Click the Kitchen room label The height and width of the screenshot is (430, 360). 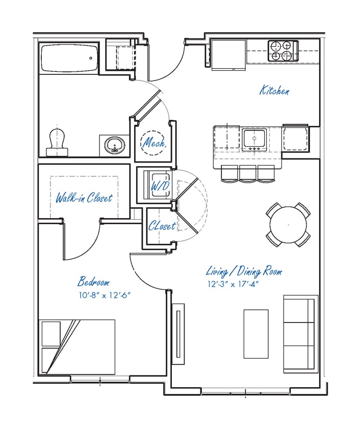(x=275, y=91)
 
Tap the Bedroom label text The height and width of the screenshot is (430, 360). (x=93, y=282)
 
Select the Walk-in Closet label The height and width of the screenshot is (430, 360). (x=84, y=198)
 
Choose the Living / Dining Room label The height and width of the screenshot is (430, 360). (x=244, y=272)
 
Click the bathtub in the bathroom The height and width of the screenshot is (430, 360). (x=70, y=58)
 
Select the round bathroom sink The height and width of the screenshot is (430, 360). (x=116, y=145)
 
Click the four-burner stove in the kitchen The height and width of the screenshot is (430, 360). (x=282, y=50)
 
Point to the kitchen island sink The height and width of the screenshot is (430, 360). (x=253, y=139)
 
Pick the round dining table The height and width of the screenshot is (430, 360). (x=288, y=224)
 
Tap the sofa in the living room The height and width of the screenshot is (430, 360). (x=300, y=334)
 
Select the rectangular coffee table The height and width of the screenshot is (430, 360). (x=256, y=334)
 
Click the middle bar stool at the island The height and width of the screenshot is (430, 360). (x=248, y=174)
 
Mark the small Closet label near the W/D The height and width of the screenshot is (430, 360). (x=162, y=226)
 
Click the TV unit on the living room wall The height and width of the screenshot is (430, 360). (x=178, y=334)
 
